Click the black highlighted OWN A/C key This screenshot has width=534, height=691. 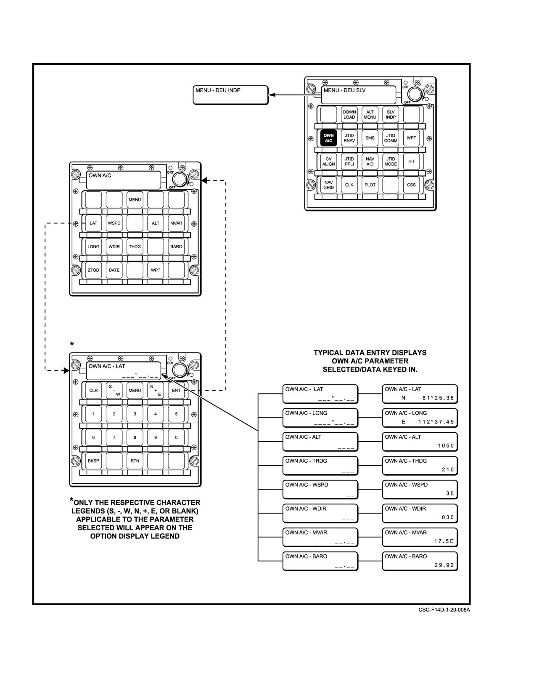[x=328, y=138]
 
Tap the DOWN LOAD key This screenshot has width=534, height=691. [x=349, y=114]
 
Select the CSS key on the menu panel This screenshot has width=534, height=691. [x=411, y=185]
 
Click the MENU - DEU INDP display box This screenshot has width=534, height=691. [x=231, y=95]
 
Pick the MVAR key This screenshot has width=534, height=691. [x=176, y=223]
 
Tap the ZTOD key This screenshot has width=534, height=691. [x=93, y=270]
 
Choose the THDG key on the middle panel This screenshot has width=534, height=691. [x=135, y=247]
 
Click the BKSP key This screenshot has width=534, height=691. [x=93, y=461]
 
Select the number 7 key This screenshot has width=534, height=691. [x=114, y=437]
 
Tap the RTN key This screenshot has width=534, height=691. [x=135, y=461]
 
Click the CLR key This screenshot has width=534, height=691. [x=93, y=390]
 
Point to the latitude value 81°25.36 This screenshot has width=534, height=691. [x=438, y=398]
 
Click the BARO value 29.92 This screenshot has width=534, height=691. [x=444, y=565]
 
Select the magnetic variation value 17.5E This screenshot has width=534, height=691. [x=444, y=541]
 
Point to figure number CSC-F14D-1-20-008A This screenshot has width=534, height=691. [x=444, y=610]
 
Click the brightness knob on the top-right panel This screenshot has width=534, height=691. [x=415, y=95]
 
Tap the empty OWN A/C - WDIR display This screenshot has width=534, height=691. [x=320, y=514]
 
